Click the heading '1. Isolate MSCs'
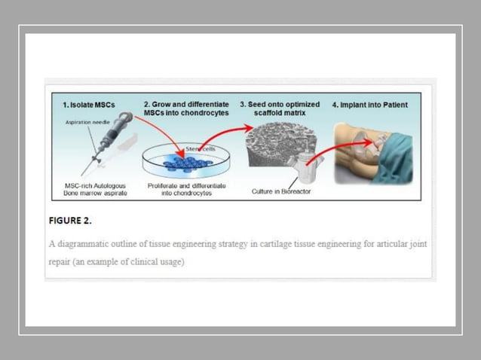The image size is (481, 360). [88, 105]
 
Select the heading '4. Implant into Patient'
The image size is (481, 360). [369, 105]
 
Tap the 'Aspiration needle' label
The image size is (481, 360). [88, 122]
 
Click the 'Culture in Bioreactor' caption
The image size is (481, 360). [280, 191]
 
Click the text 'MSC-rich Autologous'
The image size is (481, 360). [95, 185]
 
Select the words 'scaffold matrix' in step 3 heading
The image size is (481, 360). [280, 113]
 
